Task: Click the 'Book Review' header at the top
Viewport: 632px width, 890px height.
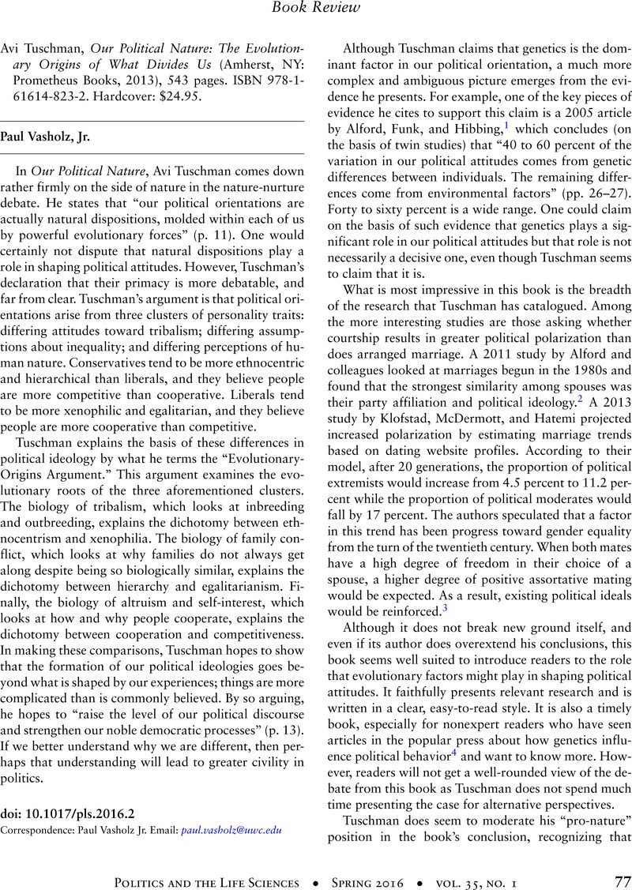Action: (316, 9)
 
